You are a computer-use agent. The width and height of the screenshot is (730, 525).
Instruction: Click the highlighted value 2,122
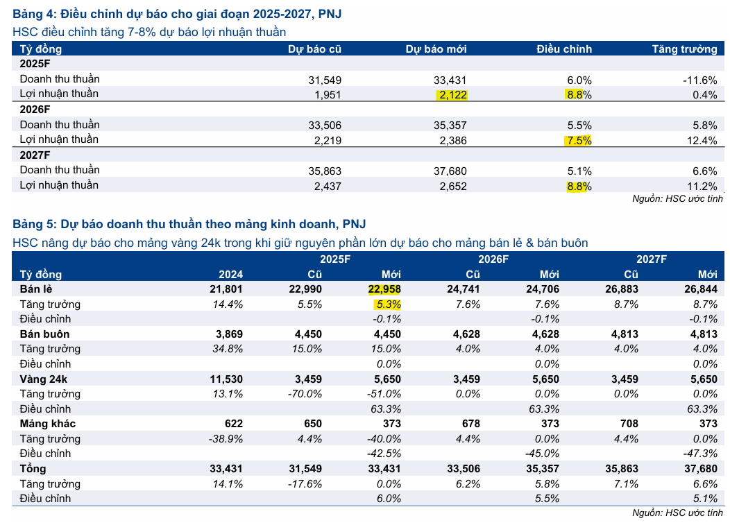pos(452,94)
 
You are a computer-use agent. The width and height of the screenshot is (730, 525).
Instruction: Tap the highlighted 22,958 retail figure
pos(384,289)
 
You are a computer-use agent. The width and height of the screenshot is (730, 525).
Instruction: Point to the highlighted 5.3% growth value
pos(388,304)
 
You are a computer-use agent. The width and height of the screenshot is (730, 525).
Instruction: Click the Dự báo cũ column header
pos(314,49)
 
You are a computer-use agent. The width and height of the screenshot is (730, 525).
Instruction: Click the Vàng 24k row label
pos(44,379)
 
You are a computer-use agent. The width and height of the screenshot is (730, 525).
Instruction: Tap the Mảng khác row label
pos(47,424)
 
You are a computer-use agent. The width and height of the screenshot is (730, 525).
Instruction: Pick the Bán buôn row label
pos(44,334)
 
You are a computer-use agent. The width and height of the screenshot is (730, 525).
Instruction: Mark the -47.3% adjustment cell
pos(701,454)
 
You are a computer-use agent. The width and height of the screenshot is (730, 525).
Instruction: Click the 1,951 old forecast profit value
pos(328,94)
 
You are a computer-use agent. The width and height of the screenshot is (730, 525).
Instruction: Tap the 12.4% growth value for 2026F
pos(702,140)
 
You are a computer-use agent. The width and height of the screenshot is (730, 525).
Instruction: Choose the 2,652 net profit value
pos(452,186)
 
